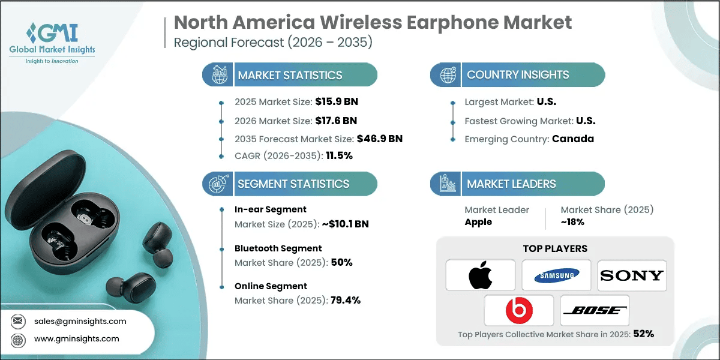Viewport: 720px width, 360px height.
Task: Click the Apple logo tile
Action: (x=481, y=275)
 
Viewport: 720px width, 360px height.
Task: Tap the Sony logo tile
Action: (x=632, y=275)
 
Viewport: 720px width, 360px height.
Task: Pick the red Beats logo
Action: (x=518, y=310)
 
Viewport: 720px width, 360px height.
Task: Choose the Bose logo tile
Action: (x=595, y=310)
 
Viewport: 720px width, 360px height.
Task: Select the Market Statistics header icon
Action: (x=218, y=75)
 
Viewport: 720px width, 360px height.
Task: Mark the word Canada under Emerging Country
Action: (x=573, y=139)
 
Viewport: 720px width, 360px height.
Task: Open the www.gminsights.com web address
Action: (x=76, y=338)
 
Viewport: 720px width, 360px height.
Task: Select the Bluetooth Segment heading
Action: (x=278, y=248)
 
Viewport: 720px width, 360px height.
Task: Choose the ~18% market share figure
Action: (x=572, y=222)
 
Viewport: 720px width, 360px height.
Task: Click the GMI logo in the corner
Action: (x=52, y=41)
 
